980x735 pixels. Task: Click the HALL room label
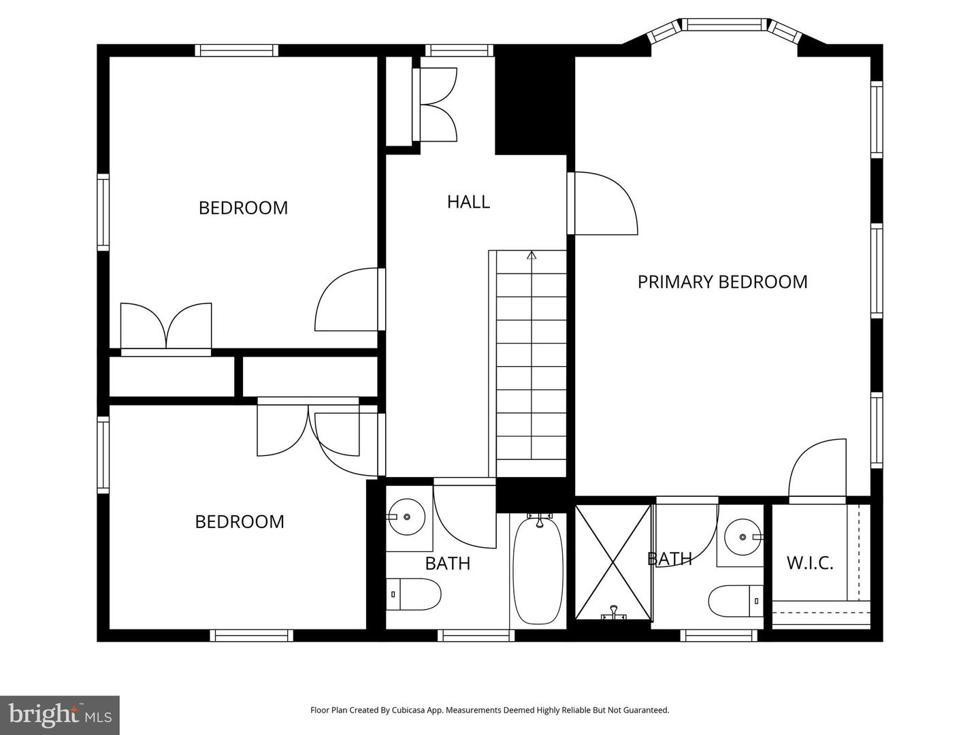pos(468,201)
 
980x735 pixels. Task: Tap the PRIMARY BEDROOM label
pos(722,282)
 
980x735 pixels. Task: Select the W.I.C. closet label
pos(810,563)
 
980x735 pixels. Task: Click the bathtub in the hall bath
pos(538,570)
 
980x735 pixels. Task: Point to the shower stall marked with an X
pos(613,561)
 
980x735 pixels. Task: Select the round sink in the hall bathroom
pos(406,517)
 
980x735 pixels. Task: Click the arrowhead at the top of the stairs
pos(532,256)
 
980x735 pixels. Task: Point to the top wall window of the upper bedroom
pos(237,50)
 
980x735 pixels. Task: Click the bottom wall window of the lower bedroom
pos(251,636)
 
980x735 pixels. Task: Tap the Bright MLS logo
pos(60,715)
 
